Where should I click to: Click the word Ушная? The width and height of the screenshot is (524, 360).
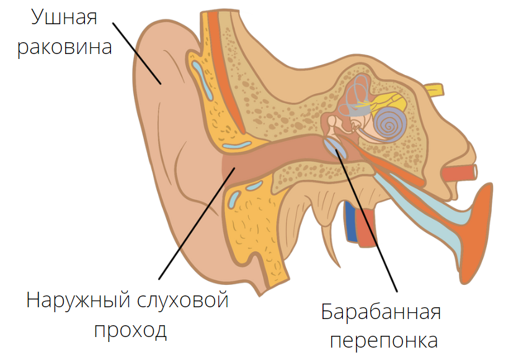click(x=64, y=17)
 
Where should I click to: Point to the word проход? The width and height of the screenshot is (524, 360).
click(x=130, y=331)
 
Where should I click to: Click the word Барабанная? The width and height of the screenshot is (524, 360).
click(x=381, y=312)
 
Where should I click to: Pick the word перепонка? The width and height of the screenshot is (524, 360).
click(x=384, y=341)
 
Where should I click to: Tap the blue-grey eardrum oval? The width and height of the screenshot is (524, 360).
click(x=335, y=148)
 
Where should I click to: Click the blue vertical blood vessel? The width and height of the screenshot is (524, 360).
click(x=351, y=221)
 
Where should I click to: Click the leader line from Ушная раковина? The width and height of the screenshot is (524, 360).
click(x=136, y=53)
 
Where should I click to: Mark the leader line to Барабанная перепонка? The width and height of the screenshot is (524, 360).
click(x=366, y=222)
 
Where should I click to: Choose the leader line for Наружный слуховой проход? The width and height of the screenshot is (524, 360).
click(x=197, y=223)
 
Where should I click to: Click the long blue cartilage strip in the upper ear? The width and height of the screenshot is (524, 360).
click(x=202, y=80)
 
